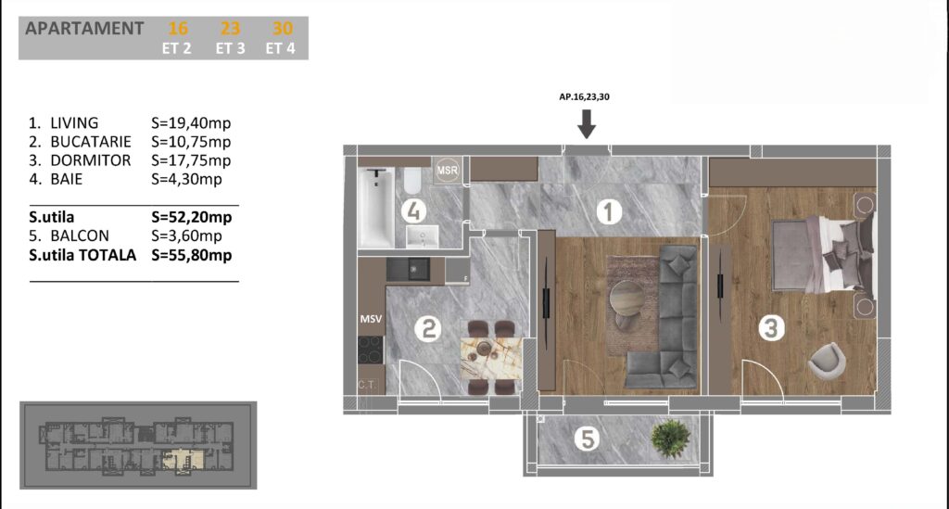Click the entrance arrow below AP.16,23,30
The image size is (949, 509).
coord(586,123)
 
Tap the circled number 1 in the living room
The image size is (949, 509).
coord(609,212)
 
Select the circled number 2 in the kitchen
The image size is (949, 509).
coord(428,329)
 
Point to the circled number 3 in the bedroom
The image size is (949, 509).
coord(771,328)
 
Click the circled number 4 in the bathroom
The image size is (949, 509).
coord(414,211)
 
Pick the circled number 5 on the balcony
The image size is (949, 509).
coord(587,439)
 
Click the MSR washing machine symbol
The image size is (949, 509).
coord(448,171)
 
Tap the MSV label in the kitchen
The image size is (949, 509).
coord(371,319)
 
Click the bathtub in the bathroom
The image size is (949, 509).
coord(376,208)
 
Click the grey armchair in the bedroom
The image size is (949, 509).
coord(827,362)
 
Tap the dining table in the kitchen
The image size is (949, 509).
coord(491,358)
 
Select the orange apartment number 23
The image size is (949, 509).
coord(230,29)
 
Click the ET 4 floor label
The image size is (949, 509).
coord(280,48)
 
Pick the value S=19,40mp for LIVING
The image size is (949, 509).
coord(191,123)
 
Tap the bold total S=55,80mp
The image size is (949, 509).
coord(192,255)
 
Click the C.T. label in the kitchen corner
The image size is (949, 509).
coord(367,385)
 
